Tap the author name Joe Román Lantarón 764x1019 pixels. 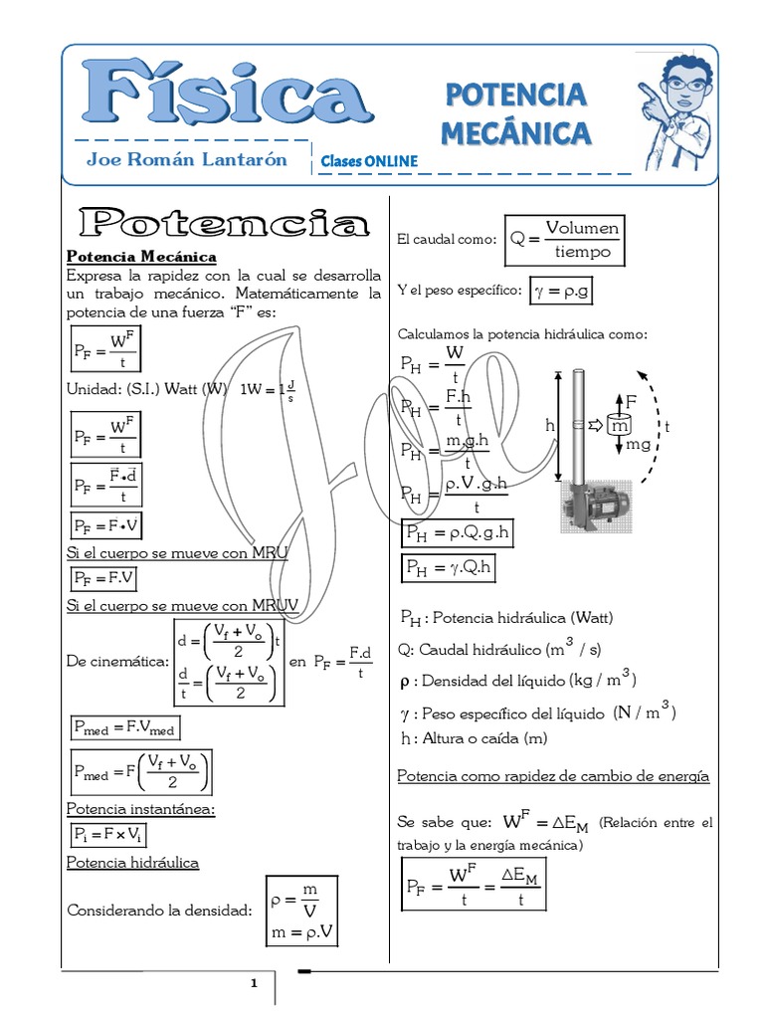[x=186, y=159]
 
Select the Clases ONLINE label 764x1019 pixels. [x=369, y=161]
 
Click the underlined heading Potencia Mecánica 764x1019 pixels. [x=141, y=257]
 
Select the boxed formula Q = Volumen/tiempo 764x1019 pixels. [x=565, y=240]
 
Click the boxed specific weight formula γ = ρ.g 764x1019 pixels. [x=563, y=291]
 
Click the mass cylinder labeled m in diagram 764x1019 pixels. [x=620, y=425]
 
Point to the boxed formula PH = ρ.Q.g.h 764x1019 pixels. [x=458, y=533]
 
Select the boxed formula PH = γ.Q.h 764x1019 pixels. [x=448, y=567]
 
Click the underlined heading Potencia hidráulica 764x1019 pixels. [x=132, y=862]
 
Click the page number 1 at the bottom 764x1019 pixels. [x=254, y=983]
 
